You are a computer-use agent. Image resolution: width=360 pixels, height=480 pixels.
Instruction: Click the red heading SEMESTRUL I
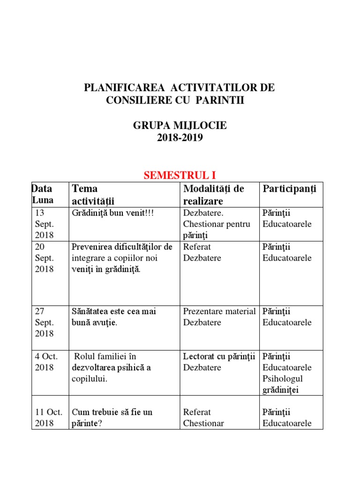pyautogui.click(x=180, y=175)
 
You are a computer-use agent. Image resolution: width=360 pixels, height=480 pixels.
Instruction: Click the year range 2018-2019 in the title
pyautogui.click(x=180, y=138)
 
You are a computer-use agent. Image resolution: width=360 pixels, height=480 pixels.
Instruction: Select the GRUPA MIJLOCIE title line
pyautogui.click(x=180, y=126)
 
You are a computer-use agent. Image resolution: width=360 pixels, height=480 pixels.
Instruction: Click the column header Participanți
pyautogui.click(x=289, y=189)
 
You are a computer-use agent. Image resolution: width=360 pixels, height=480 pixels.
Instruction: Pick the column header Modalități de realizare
pyautogui.click(x=213, y=195)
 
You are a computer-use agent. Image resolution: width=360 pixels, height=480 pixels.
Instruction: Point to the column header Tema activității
pyautogui.click(x=93, y=195)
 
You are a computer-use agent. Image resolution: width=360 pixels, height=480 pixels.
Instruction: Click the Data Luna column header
pyautogui.click(x=43, y=195)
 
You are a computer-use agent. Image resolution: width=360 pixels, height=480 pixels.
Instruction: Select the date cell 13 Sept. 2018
pyautogui.click(x=45, y=224)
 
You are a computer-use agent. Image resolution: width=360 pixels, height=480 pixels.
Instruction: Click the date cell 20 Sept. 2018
pyautogui.click(x=45, y=258)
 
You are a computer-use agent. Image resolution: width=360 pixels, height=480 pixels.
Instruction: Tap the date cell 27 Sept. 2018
pyautogui.click(x=45, y=322)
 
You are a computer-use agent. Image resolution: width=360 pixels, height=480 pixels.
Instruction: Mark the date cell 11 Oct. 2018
pyautogui.click(x=48, y=418)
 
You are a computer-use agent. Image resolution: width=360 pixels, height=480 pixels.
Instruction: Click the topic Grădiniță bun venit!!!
pyautogui.click(x=113, y=213)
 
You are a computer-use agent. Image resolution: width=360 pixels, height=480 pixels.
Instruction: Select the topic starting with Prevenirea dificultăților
pyautogui.click(x=122, y=258)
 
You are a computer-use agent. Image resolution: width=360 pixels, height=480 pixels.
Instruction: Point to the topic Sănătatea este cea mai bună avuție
pyautogui.click(x=114, y=317)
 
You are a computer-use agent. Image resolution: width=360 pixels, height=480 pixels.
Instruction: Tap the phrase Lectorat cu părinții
pyautogui.click(x=219, y=356)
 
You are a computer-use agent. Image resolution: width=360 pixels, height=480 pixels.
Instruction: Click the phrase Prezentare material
pyautogui.click(x=219, y=311)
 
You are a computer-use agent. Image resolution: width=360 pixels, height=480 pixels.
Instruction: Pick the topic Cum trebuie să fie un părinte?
pyautogui.click(x=112, y=418)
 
